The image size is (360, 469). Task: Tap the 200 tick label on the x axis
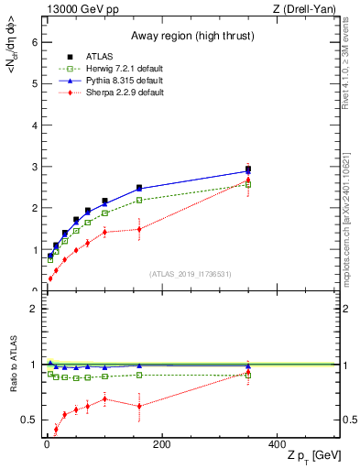tap(162, 444)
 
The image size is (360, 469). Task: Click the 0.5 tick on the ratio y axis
tap(28, 420)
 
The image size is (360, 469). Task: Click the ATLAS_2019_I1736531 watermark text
tap(191, 274)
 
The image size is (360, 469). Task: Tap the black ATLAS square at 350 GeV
tap(248, 169)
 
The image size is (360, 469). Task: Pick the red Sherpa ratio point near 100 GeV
tap(104, 398)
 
